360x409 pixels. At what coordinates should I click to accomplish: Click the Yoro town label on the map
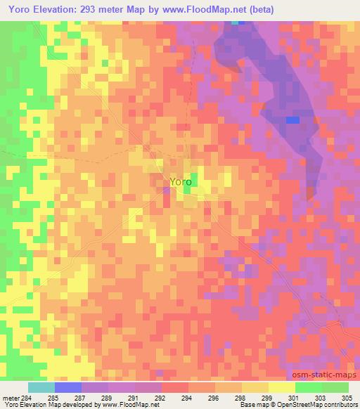[x=179, y=181]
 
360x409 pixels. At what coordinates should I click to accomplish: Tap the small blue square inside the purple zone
[x=292, y=119]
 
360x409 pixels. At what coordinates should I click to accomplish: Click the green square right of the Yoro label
[x=193, y=181]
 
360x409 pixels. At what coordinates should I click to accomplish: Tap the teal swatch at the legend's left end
[x=41, y=387]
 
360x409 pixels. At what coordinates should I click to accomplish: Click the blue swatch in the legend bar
[x=68, y=387]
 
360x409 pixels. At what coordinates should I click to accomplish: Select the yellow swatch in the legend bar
[x=281, y=387]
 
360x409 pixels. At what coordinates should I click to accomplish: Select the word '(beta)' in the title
[x=259, y=10]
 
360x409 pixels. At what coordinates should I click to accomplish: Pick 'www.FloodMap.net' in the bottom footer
[x=132, y=405]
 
